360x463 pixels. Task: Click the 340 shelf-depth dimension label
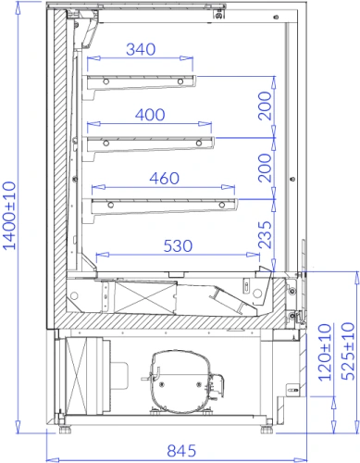[x=141, y=49]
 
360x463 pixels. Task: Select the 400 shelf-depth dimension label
[x=150, y=115]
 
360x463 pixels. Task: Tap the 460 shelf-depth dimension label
[x=165, y=179]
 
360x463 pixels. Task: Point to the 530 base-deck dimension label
[x=178, y=246]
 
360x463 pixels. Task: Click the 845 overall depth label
[x=181, y=451]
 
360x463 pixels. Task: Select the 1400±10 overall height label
[x=9, y=216]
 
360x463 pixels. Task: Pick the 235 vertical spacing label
[x=266, y=235]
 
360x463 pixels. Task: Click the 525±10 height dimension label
[x=348, y=351]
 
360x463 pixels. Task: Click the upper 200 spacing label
[x=266, y=106]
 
